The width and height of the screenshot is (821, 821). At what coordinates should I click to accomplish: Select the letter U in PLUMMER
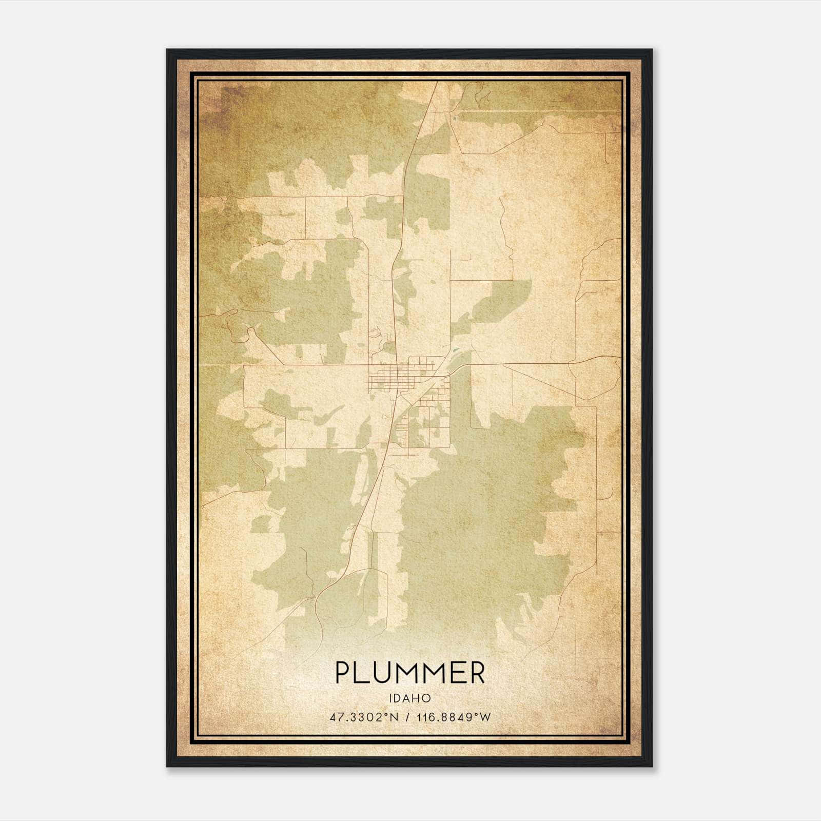(383, 673)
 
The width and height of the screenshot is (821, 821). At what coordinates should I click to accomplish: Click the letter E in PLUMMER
(458, 673)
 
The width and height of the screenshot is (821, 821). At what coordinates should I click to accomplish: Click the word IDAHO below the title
(409, 698)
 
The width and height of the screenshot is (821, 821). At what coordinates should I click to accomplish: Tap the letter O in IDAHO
(426, 698)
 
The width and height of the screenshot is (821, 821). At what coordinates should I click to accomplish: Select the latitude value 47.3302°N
(364, 717)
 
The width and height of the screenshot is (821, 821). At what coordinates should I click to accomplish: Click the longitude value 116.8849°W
(454, 717)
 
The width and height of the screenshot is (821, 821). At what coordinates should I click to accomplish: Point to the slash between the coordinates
(408, 717)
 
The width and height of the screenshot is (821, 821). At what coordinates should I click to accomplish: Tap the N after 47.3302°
(395, 717)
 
